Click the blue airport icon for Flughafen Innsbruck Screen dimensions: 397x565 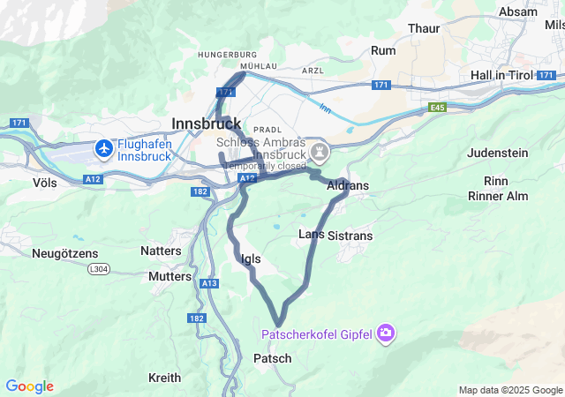click(105, 148)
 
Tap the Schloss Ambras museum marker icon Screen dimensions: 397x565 click(320, 153)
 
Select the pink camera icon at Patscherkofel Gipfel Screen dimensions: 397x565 click(386, 333)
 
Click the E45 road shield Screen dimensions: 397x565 click(438, 107)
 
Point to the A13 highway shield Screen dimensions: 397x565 click(209, 283)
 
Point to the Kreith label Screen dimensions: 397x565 click(165, 378)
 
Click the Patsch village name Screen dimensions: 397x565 click(272, 358)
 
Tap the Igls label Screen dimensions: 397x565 click(251, 258)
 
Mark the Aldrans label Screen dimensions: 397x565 click(348, 186)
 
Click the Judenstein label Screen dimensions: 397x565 click(497, 153)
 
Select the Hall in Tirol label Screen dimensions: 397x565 click(502, 75)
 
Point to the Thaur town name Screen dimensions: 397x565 click(424, 28)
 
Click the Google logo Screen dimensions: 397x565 click(29, 386)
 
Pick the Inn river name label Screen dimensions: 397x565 click(325, 109)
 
